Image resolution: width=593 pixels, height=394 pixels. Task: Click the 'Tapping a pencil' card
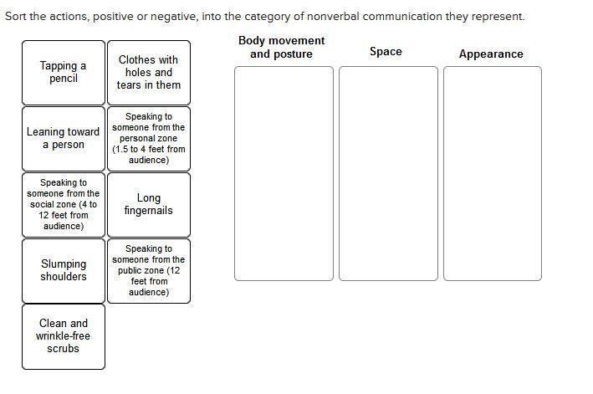[64, 72]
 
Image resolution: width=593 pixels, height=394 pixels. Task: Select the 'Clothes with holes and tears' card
[148, 72]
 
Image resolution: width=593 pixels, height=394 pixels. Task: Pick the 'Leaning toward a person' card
[64, 138]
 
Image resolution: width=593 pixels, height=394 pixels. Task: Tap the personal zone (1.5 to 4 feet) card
[148, 138]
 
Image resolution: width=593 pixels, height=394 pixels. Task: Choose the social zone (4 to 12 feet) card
[64, 204]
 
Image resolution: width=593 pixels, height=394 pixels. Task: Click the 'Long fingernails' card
[148, 204]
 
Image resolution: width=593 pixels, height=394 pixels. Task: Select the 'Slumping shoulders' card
[64, 270]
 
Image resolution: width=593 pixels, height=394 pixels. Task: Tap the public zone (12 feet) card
[148, 270]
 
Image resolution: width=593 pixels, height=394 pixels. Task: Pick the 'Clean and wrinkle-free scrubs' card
[64, 335]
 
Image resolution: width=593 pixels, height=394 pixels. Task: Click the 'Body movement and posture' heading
[281, 47]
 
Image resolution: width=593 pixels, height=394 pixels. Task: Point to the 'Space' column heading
[386, 52]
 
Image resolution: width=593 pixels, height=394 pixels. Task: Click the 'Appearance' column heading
[491, 54]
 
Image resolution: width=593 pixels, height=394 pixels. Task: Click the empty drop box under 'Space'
[388, 173]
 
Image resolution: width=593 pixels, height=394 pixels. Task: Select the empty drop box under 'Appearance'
[493, 173]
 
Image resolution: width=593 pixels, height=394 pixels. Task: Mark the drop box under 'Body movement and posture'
[284, 173]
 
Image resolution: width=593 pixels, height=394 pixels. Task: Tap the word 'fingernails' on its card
[148, 211]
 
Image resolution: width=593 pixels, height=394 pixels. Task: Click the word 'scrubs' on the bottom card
[64, 348]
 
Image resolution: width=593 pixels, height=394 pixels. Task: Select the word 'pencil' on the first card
[64, 79]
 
